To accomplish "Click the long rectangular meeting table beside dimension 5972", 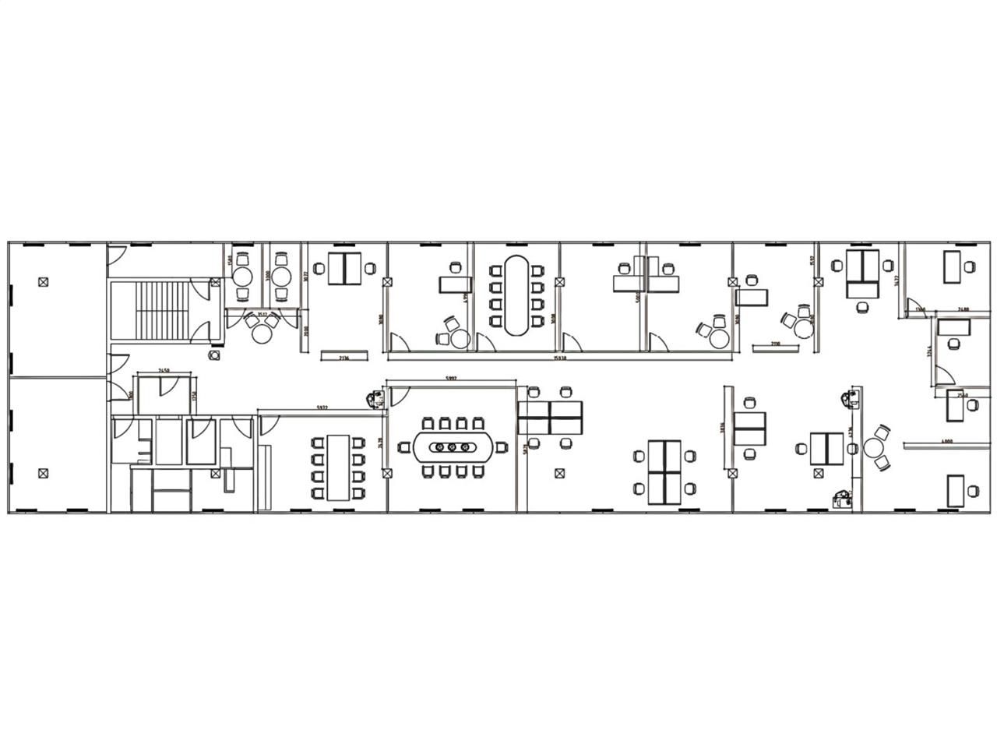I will tap(337, 467).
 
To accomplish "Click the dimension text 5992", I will tap(451, 379).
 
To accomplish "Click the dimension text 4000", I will tap(947, 442).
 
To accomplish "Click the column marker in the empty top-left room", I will tap(44, 283).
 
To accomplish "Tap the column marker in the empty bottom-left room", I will tap(44, 471).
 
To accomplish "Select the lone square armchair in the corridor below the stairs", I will tap(214, 355).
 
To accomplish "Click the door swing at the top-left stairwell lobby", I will tap(115, 252).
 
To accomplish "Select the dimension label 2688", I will tap(963, 309).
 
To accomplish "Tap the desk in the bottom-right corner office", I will tap(955, 490).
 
